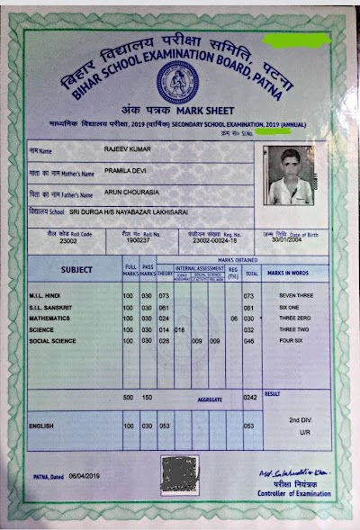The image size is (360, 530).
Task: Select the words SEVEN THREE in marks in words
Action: tap(295, 295)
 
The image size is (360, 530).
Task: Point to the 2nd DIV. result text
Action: tap(299, 420)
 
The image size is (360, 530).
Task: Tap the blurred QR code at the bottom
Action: tap(177, 471)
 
